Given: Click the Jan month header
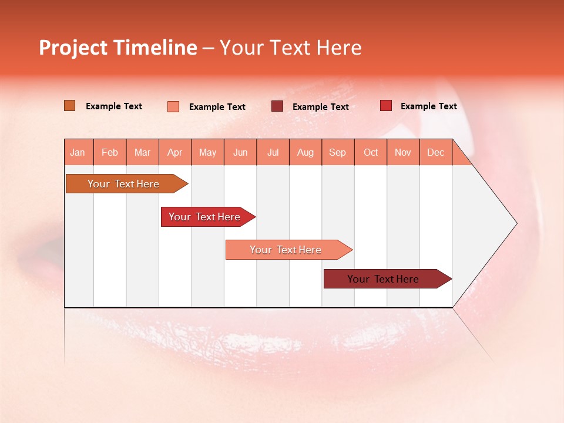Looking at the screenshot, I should tap(78, 152).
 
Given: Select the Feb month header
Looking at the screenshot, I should tap(110, 152).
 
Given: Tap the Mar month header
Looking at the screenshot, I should tap(142, 152).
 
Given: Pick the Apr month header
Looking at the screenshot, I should tap(175, 152).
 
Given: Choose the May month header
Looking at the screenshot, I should tap(207, 152).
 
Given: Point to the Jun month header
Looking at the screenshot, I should tap(240, 152).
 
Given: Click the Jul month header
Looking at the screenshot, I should tap(273, 152).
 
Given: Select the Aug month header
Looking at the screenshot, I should tap(305, 152).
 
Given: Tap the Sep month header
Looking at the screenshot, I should tap(338, 152).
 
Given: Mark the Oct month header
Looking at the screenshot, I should tap(371, 152).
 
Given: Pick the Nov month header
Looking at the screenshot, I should tap(403, 152).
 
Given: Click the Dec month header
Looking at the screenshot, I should tap(435, 152).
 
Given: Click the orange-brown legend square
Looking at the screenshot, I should tap(69, 106).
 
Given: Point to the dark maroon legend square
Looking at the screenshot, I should tap(277, 106).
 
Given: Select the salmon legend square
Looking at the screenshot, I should tap(173, 106).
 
